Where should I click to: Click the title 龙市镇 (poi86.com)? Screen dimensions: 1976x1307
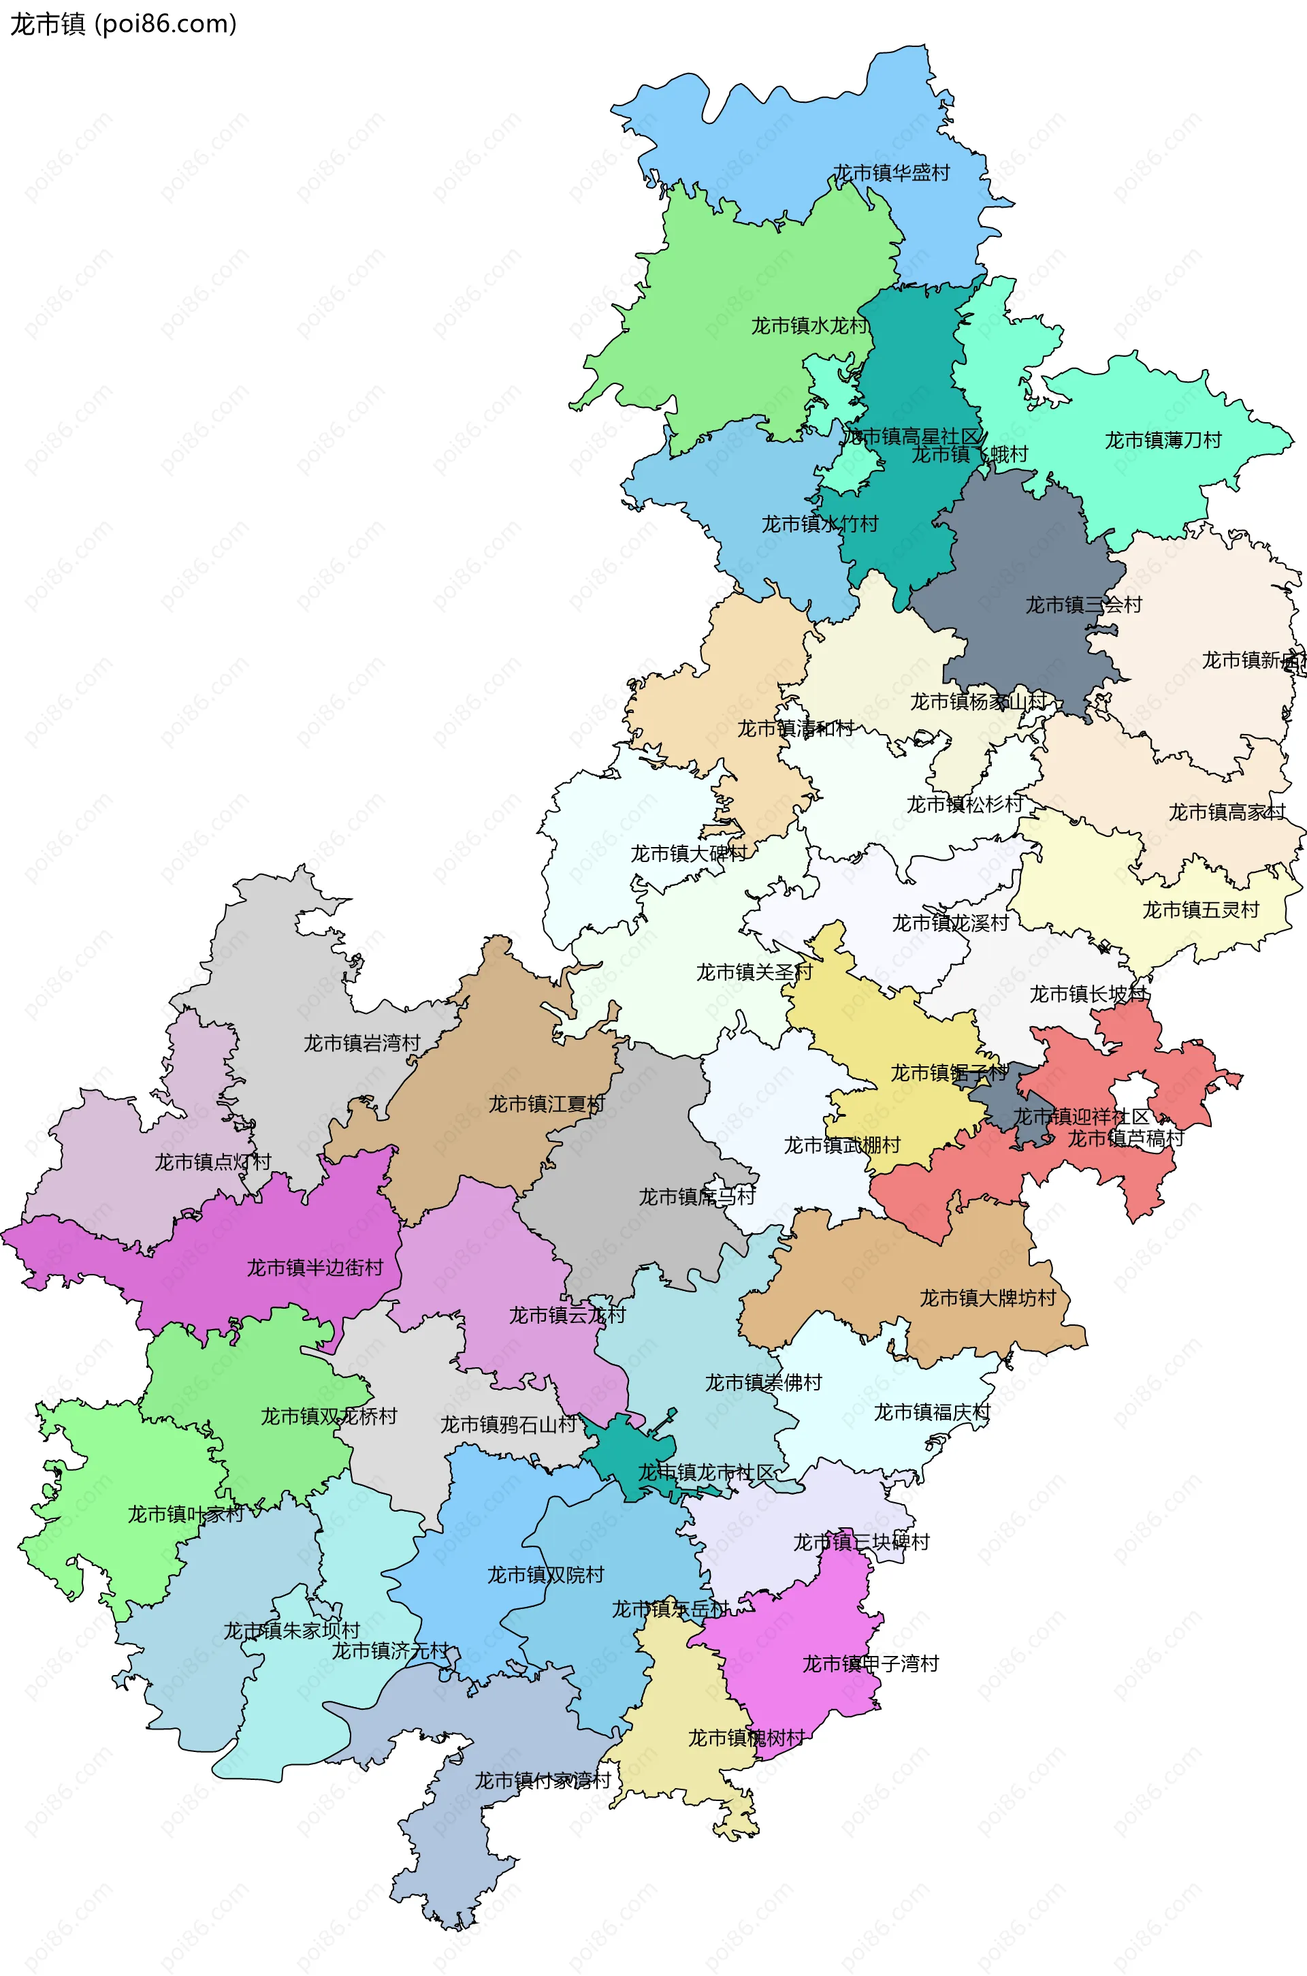[123, 25]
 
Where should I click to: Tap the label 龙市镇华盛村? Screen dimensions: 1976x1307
[891, 174]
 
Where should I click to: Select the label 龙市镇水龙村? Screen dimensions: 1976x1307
[809, 326]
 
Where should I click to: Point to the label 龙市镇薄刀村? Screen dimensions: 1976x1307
[1163, 441]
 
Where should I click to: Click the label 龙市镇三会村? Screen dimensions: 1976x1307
[1083, 605]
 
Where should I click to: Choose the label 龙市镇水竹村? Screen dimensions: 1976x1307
[820, 524]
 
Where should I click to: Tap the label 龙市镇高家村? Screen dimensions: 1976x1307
[1226, 812]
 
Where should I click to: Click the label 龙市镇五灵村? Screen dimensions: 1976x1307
[1199, 910]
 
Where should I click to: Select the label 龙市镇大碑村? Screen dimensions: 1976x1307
[688, 854]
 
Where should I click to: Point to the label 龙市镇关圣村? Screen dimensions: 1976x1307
[754, 972]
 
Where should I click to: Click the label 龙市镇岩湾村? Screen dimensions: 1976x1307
[361, 1043]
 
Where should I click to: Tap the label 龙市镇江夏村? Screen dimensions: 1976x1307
[547, 1104]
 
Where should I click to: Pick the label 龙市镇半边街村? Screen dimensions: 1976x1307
[315, 1267]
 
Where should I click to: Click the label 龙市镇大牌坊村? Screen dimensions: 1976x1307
[988, 1298]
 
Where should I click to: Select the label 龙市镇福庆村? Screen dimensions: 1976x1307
[932, 1412]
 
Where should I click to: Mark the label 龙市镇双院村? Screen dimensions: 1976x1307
[545, 1574]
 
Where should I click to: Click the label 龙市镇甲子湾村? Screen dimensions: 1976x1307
[870, 1663]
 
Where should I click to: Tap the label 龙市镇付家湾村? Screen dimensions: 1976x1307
[543, 1781]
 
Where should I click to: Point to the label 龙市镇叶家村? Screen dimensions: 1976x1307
[185, 1514]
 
